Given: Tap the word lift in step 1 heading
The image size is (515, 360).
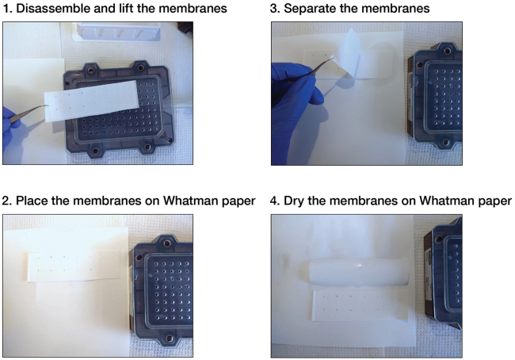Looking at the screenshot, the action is click(124, 8).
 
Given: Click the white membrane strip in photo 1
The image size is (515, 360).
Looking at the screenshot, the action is click(92, 100).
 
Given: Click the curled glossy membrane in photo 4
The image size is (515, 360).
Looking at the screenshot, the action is click(359, 272).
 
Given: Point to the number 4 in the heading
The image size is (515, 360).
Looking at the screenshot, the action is click(274, 201).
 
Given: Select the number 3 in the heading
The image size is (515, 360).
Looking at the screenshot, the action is click(274, 9).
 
